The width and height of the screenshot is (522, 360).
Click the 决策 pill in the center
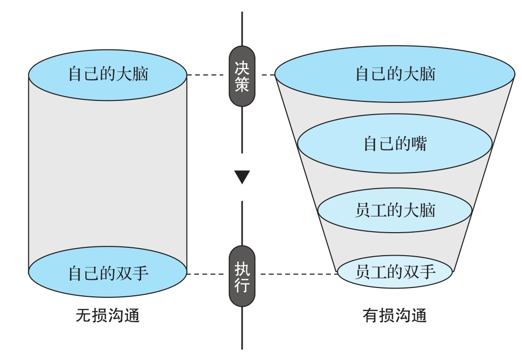point(242,76)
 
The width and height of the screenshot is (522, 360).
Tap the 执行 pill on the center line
point(242,276)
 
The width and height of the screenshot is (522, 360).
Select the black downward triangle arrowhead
point(242,177)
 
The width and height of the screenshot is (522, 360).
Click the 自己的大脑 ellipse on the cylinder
point(108,75)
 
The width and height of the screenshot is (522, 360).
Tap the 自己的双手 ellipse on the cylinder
point(108,272)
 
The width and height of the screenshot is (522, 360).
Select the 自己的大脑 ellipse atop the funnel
point(395,74)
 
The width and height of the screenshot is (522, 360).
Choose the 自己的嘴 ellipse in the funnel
point(395,144)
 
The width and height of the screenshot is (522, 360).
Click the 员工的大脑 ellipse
point(395,210)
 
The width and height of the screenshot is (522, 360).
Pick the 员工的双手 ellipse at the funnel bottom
point(395,271)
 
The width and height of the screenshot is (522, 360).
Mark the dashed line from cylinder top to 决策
point(208,75)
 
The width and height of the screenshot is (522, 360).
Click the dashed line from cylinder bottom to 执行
point(208,274)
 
